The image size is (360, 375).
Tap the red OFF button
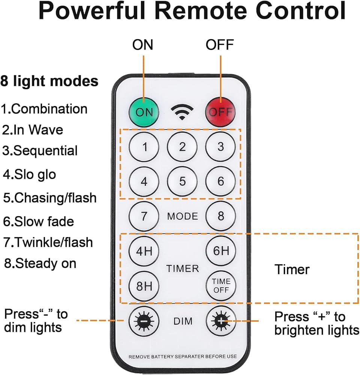220,112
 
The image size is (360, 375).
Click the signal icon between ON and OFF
182,112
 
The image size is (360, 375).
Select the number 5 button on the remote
182,181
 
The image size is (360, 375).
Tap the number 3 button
220,147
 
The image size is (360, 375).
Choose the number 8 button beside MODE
220,216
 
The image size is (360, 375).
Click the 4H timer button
144,251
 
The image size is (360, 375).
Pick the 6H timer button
221,250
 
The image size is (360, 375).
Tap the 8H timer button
144,286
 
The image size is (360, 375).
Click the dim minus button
144,321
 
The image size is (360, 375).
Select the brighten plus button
221,321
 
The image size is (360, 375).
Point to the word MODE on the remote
183,216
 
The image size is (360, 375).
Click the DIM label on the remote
183,321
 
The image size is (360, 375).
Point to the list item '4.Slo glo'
29,174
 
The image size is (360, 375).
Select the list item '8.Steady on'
40,263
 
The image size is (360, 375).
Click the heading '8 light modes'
49,81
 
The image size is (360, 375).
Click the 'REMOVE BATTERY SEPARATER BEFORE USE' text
183,357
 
